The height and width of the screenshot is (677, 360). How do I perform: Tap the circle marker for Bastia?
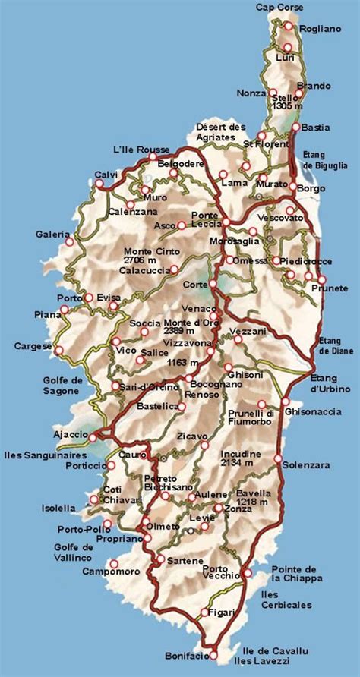296,127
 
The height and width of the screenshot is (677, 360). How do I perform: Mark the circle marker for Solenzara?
279,459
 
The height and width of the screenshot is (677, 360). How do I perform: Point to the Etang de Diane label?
333,345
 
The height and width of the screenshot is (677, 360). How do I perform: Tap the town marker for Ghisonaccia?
286,401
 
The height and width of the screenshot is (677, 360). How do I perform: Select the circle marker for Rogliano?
289,27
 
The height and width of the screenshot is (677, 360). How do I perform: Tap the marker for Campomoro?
114,563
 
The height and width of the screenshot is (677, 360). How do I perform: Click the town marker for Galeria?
70,241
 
